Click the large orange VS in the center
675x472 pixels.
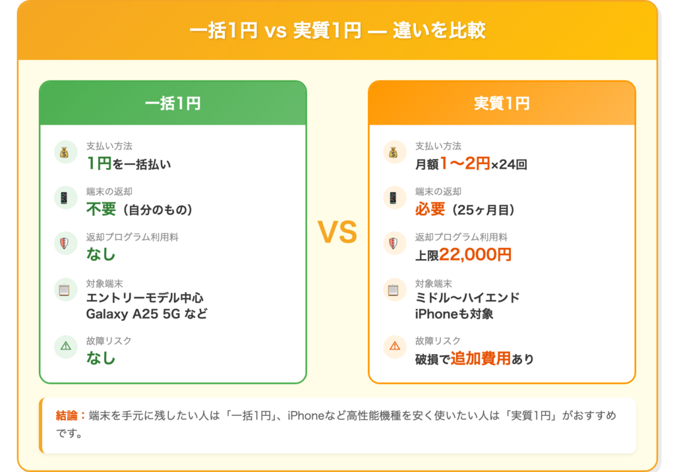(337, 232)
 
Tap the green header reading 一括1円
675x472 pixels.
(173, 103)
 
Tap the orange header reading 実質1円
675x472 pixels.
(502, 103)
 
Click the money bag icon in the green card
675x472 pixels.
(64, 153)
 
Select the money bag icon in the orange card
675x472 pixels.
(393, 153)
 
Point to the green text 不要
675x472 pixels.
(101, 210)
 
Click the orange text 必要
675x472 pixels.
(430, 210)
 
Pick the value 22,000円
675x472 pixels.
(475, 255)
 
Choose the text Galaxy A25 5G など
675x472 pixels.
(146, 314)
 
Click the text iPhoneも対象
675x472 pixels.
(454, 314)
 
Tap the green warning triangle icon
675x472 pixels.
(64, 345)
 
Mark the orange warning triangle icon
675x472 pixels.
(393, 345)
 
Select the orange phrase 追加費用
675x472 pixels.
(481, 359)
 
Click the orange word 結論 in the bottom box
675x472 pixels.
(67, 416)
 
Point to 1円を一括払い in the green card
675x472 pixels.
(129, 163)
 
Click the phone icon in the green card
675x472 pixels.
(64, 197)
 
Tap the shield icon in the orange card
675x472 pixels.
(393, 244)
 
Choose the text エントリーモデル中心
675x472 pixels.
(144, 298)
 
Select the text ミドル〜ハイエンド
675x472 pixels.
(467, 298)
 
